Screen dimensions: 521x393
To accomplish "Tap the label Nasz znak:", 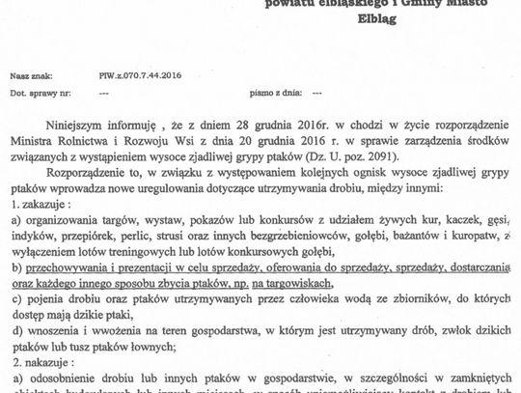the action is tap(26, 73).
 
